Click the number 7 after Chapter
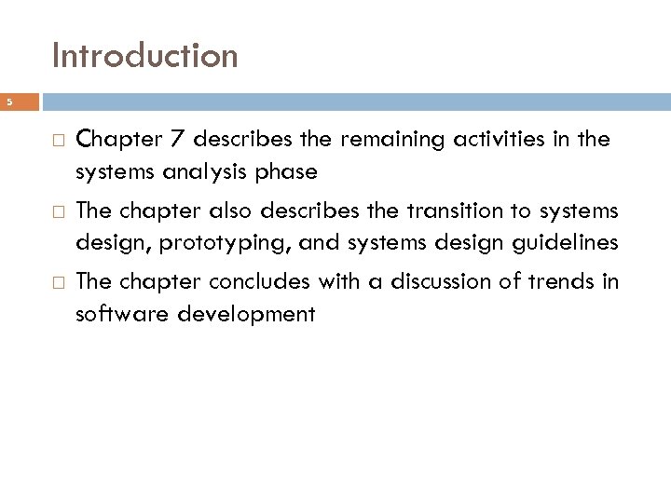[169, 141]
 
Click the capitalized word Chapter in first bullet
[116, 141]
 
